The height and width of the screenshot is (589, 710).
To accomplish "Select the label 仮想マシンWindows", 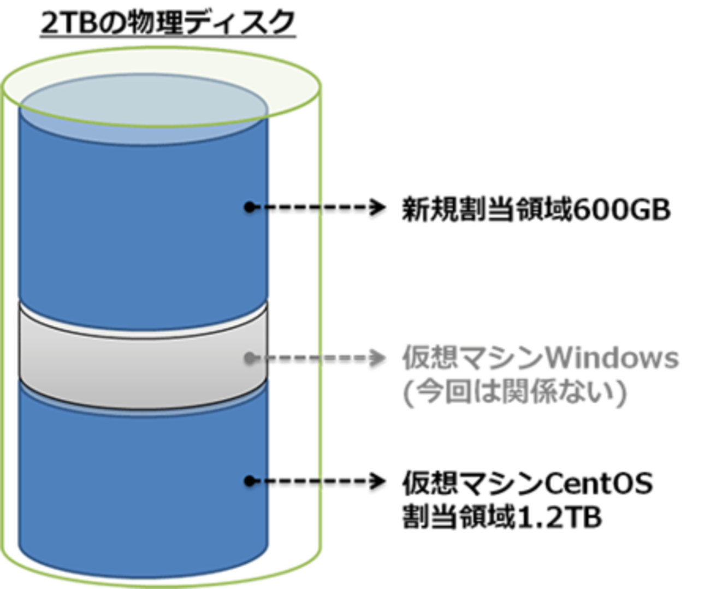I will [541, 358].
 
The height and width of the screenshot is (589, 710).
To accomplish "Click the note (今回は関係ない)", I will [513, 393].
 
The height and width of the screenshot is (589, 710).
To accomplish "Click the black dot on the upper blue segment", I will [249, 207].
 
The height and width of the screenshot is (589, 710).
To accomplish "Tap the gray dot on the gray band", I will [249, 358].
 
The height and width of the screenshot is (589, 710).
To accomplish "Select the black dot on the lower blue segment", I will [249, 481].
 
